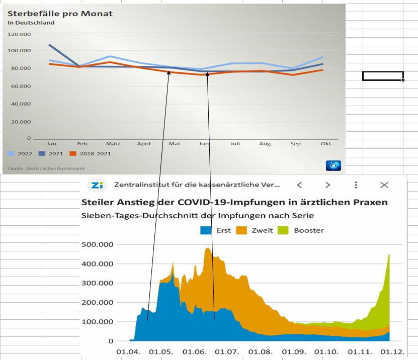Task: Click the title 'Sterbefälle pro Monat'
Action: click(60, 14)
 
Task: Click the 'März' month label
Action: click(113, 144)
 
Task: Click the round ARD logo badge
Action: click(333, 165)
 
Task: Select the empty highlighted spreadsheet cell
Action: click(383, 76)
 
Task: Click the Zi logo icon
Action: click(97, 185)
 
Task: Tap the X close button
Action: click(384, 185)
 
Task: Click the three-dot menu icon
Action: click(356, 185)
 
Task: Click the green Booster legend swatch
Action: click(285, 230)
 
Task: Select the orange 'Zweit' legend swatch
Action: click(242, 230)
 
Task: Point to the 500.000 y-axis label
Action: click(97, 244)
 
